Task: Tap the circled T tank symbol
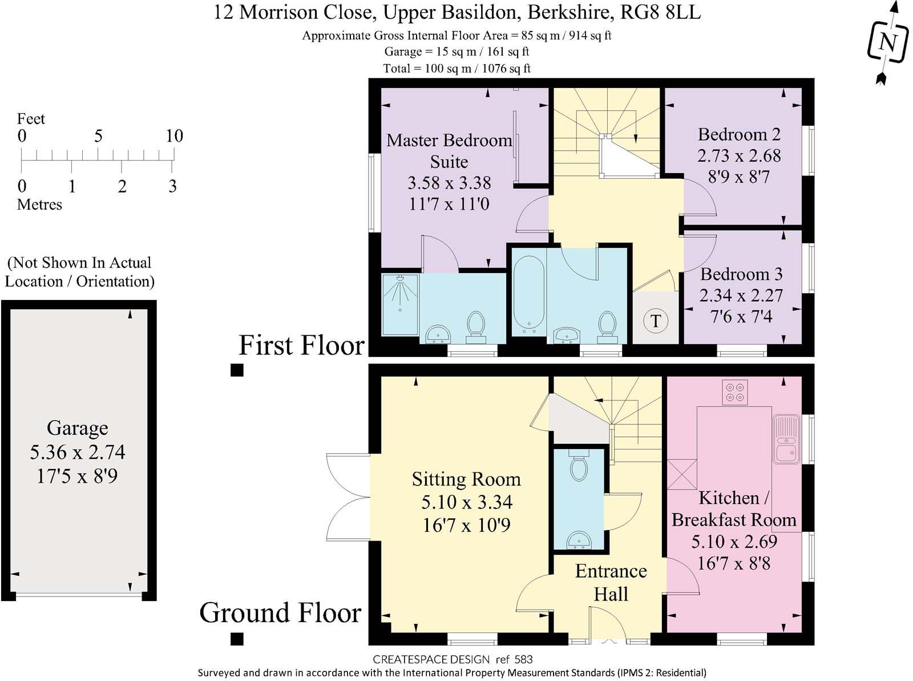point(655,321)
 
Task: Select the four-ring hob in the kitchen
point(734,392)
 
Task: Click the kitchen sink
point(787,439)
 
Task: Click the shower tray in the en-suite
point(400,304)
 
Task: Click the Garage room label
point(77,428)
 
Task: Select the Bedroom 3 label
point(741,274)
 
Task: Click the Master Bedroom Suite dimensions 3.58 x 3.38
point(449,183)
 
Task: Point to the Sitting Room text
point(466,479)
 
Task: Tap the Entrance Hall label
point(611,582)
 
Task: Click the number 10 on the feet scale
point(174,136)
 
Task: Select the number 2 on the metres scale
point(122,186)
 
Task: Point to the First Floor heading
point(301,345)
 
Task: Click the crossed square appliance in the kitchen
point(682,474)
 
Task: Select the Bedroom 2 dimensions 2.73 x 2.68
point(739,155)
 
